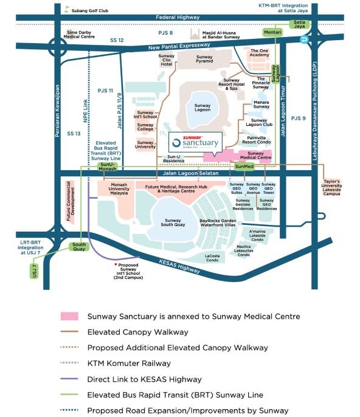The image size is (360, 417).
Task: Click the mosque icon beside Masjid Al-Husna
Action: pos(196,35)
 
